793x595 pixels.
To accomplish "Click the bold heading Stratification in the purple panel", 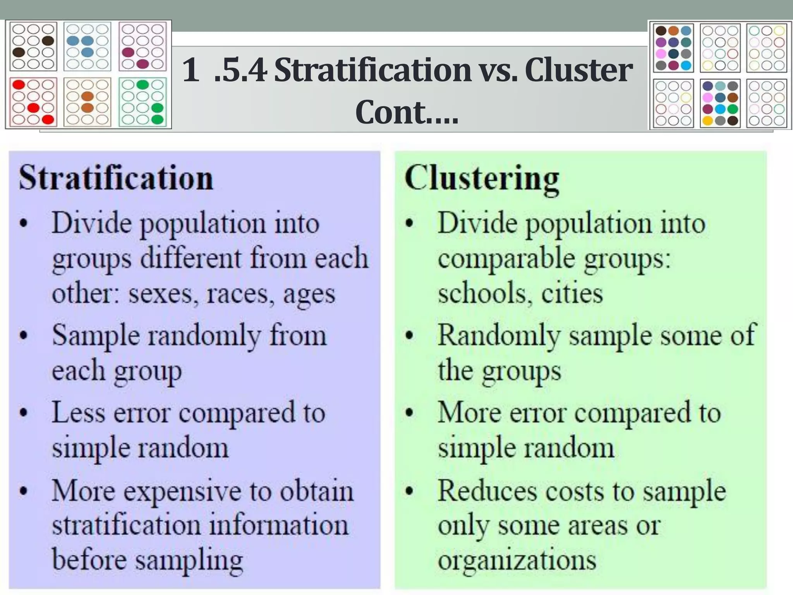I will point(116,178).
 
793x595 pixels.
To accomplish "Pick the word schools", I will point(482,293).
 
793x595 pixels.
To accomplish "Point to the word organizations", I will point(517,560).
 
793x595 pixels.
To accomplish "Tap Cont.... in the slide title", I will point(407,112).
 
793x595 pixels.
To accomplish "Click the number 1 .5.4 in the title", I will point(225,71).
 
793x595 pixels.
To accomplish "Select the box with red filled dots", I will point(33,102).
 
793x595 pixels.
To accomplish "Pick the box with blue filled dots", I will point(87,46).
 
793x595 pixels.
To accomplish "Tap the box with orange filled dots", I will point(87,102).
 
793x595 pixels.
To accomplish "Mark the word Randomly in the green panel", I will point(499,335).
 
